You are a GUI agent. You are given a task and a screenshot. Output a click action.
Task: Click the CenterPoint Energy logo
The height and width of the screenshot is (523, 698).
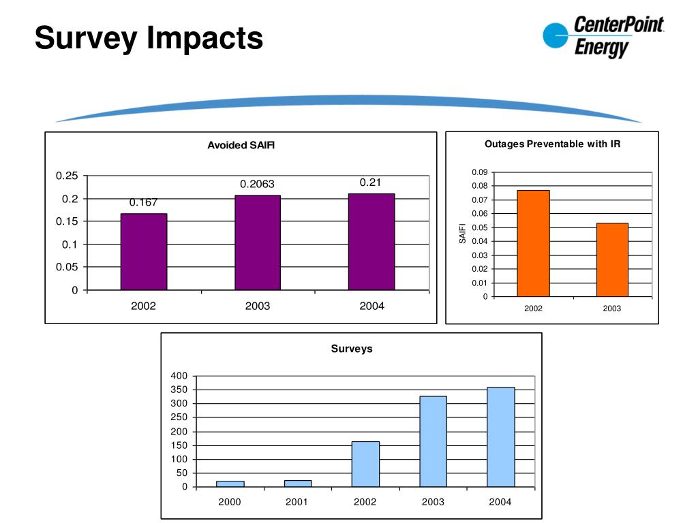click(x=603, y=37)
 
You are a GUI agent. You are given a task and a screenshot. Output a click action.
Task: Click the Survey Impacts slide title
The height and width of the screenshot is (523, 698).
click(x=149, y=37)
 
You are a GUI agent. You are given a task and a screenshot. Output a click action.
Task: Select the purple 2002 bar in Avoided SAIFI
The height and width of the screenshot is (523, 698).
click(x=144, y=252)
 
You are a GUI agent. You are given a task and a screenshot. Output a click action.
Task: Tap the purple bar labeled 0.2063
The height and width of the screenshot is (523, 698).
click(x=258, y=242)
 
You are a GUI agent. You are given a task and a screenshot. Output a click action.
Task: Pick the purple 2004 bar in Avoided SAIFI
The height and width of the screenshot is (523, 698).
click(x=371, y=242)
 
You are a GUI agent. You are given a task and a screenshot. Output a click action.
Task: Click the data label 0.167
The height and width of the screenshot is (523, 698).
click(x=144, y=202)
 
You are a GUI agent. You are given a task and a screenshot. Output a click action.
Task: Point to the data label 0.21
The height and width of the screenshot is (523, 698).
click(x=370, y=183)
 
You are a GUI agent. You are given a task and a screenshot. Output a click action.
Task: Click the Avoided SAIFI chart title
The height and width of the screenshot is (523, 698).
click(x=241, y=145)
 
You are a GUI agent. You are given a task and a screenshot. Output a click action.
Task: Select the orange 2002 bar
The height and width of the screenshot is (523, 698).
click(x=533, y=243)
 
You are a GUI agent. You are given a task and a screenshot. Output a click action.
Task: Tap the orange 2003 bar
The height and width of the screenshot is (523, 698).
click(x=612, y=259)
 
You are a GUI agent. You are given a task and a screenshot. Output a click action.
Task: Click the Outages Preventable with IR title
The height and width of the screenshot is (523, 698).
click(x=552, y=144)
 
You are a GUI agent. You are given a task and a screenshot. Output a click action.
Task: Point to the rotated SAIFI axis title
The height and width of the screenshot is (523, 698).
click(x=462, y=234)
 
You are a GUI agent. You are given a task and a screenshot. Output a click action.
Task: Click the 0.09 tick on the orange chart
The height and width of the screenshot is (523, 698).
click(x=479, y=172)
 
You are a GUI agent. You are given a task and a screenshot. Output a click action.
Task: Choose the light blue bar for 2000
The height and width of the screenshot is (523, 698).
click(x=230, y=484)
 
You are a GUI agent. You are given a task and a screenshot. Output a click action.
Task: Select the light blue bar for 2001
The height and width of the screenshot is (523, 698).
click(x=298, y=483)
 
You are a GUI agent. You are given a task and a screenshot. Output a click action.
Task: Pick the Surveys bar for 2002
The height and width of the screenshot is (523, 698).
click(x=365, y=464)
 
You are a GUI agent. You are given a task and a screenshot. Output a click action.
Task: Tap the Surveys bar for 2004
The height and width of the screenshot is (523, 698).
click(x=501, y=437)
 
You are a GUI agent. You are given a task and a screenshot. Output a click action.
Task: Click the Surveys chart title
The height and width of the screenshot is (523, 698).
click(x=352, y=349)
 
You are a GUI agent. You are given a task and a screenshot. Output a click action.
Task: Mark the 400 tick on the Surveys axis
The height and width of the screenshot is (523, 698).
click(x=179, y=376)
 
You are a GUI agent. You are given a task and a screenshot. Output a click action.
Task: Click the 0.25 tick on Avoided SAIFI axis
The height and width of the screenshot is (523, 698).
click(x=67, y=176)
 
